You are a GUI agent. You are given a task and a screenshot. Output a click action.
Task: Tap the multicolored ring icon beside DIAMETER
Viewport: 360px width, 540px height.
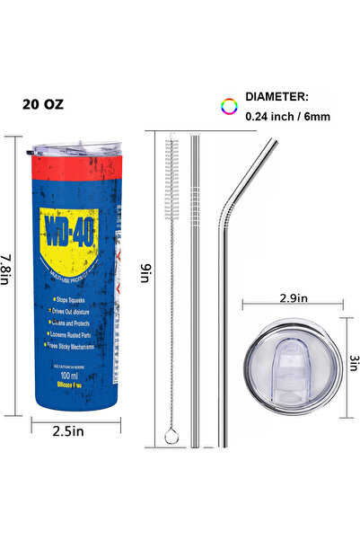[x=229, y=106]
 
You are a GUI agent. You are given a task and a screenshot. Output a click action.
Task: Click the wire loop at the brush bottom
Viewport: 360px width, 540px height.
[x=171, y=437]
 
